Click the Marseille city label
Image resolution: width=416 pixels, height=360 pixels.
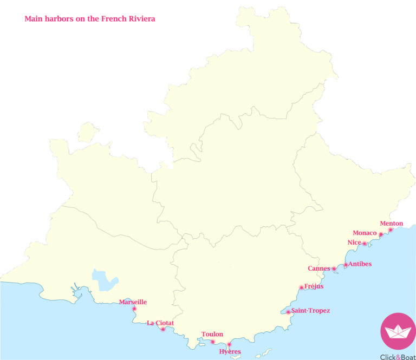[x=133, y=302]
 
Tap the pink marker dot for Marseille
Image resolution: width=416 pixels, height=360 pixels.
[x=134, y=309]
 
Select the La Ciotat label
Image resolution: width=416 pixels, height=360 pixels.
[x=160, y=323]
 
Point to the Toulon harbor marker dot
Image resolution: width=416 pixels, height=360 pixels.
[x=212, y=342]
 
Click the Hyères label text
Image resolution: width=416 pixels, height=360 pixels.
[x=230, y=352]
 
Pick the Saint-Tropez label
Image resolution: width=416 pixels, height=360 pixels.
[x=310, y=311]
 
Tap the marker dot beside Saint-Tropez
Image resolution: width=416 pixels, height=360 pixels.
[x=288, y=312]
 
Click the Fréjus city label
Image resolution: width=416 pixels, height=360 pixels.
[x=314, y=286]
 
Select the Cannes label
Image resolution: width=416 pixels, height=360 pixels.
[x=318, y=269]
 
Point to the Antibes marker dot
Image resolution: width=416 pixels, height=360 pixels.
[x=346, y=265]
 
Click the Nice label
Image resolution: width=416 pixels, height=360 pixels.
[x=354, y=243]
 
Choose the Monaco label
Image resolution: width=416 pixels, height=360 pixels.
[x=365, y=233]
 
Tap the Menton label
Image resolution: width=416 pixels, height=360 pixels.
[x=392, y=224]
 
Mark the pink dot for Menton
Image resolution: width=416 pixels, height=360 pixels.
[x=391, y=230]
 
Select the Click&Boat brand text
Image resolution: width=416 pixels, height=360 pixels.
[x=398, y=355]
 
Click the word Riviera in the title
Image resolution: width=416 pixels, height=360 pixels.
[x=141, y=18]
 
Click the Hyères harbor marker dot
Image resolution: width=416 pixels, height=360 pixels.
[x=229, y=344]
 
